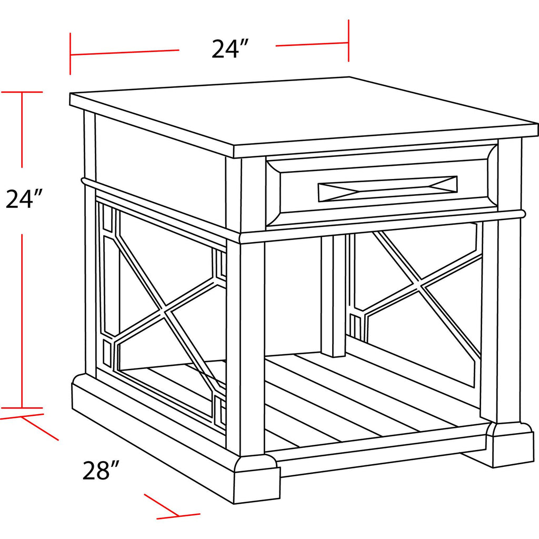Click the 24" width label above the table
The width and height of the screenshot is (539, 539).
click(x=229, y=49)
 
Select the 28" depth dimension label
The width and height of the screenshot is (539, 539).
click(x=101, y=470)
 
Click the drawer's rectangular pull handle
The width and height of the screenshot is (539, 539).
click(x=388, y=188)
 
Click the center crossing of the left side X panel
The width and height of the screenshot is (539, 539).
click(x=165, y=310)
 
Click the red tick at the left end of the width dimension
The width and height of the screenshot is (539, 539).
click(x=71, y=54)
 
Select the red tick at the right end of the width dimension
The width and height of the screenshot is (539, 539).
click(x=348, y=41)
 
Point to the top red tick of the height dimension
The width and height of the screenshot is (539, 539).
click(x=22, y=92)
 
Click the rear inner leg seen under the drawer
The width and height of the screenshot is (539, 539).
click(x=333, y=296)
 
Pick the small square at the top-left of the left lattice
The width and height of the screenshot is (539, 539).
click(x=107, y=218)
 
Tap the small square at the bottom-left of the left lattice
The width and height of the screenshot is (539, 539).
click(x=108, y=354)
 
